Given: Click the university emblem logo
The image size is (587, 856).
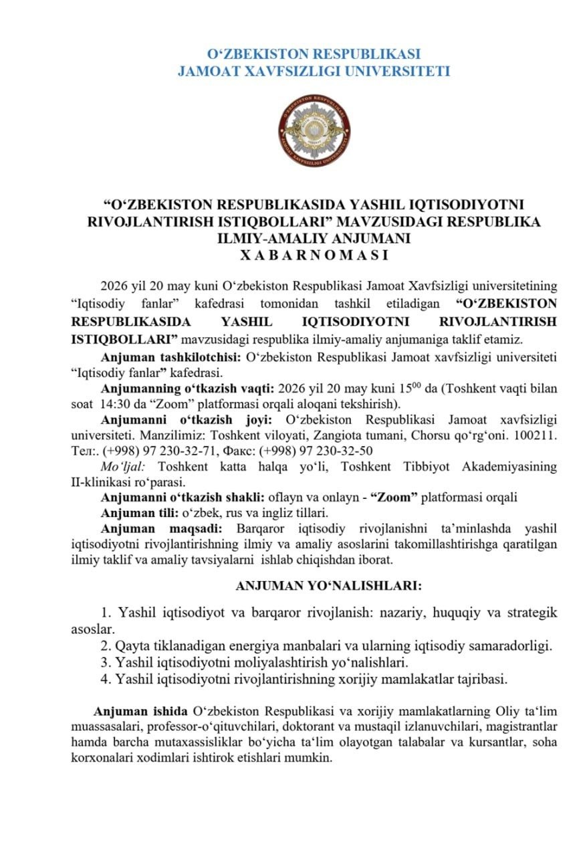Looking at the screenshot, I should pyautogui.click(x=314, y=130).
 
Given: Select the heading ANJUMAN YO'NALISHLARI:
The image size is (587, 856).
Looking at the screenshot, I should pyautogui.click(x=328, y=586).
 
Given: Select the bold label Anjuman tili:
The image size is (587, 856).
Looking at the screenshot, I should pyautogui.click(x=142, y=513).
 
